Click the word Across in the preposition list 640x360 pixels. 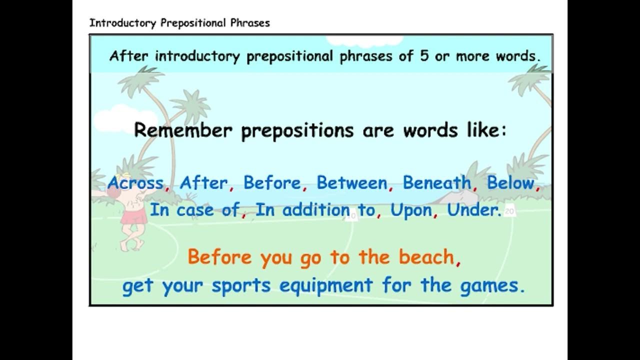pos(135,183)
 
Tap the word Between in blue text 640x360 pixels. pos(352,183)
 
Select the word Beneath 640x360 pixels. pos(437,183)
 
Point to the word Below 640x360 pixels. pos(510,183)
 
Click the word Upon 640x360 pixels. pos(411,210)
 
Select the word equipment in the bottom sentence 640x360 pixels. pos(326,286)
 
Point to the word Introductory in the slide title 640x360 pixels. pos(123,23)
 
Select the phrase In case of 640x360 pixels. pos(194,210)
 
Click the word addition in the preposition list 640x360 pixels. pos(315,210)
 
